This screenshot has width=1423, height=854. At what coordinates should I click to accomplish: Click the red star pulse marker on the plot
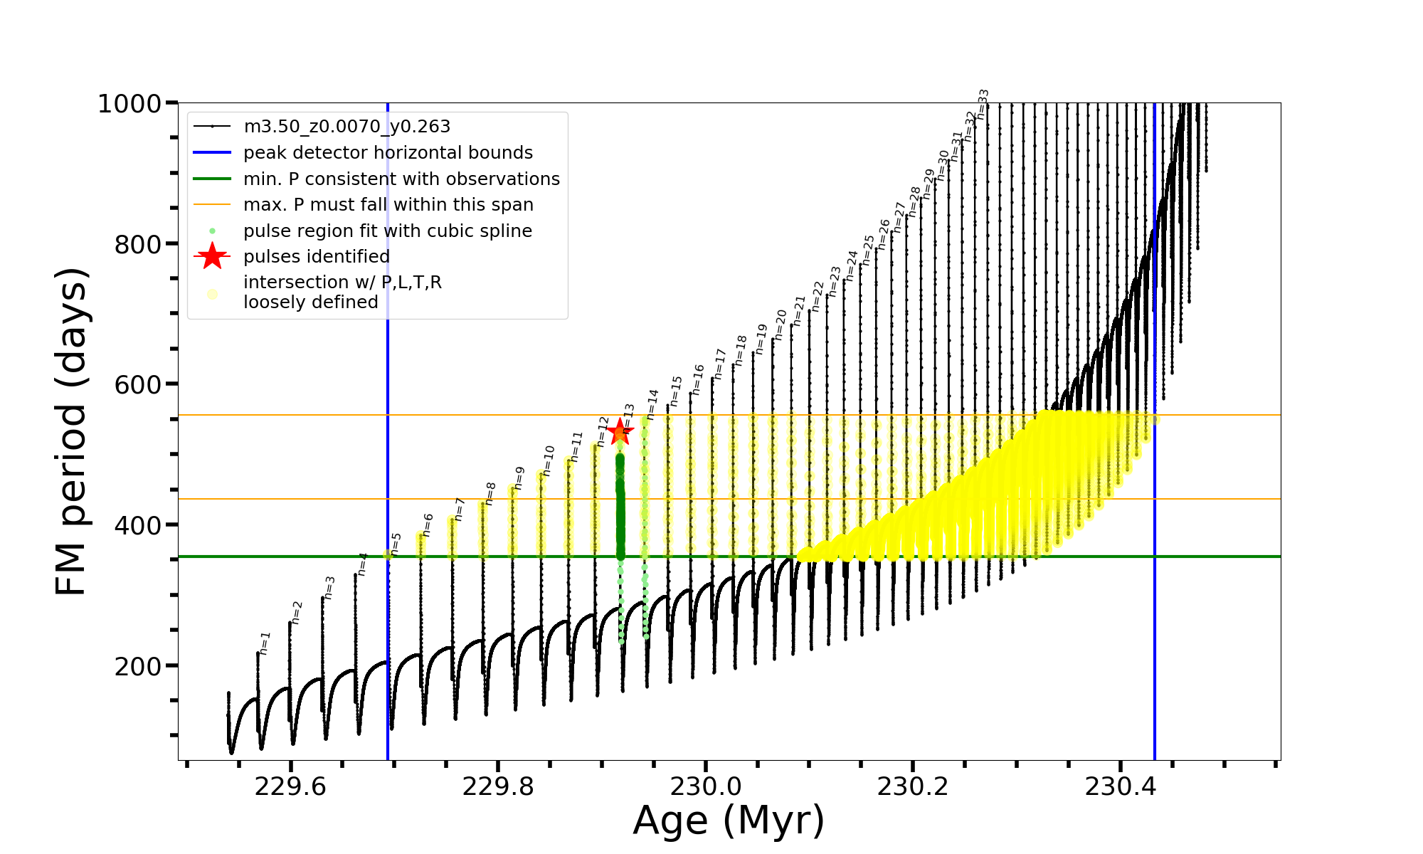(620, 431)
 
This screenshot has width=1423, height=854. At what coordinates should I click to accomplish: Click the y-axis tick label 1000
(129, 104)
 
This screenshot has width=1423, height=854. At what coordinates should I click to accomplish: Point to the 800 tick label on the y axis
(138, 244)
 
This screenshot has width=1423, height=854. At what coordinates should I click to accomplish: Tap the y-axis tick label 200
(138, 667)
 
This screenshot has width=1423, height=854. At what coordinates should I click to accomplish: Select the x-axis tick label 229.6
(290, 786)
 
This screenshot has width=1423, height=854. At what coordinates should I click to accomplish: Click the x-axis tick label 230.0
(706, 786)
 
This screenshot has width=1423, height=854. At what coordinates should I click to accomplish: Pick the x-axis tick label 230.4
(1121, 786)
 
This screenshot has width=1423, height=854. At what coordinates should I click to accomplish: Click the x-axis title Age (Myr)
(729, 820)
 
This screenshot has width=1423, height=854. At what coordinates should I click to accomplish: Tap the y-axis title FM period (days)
(72, 431)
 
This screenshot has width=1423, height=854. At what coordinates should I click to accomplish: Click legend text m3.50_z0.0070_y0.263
(347, 127)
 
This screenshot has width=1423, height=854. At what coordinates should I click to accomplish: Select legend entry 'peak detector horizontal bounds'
(388, 153)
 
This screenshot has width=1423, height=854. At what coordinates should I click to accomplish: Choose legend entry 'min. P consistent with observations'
(401, 179)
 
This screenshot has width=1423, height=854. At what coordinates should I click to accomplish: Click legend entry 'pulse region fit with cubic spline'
(388, 231)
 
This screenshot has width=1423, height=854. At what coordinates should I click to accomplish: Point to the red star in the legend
(212, 256)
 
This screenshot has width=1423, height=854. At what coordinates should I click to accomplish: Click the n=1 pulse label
(265, 643)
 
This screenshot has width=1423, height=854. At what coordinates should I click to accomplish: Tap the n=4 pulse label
(363, 564)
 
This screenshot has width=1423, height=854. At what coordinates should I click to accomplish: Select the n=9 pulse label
(519, 478)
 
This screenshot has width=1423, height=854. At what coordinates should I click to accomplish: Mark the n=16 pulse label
(698, 379)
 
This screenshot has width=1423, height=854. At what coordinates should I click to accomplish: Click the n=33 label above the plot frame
(983, 104)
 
